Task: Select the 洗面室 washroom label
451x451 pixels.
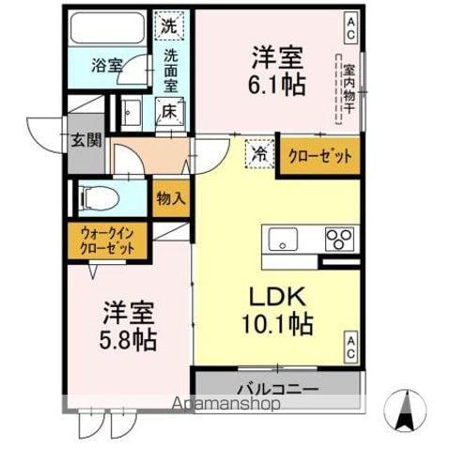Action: point(170,70)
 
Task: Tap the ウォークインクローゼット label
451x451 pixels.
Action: point(106,241)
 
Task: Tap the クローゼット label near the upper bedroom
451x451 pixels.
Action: point(320,157)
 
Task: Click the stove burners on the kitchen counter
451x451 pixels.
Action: point(339,239)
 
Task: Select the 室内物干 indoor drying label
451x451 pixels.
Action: point(348,88)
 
